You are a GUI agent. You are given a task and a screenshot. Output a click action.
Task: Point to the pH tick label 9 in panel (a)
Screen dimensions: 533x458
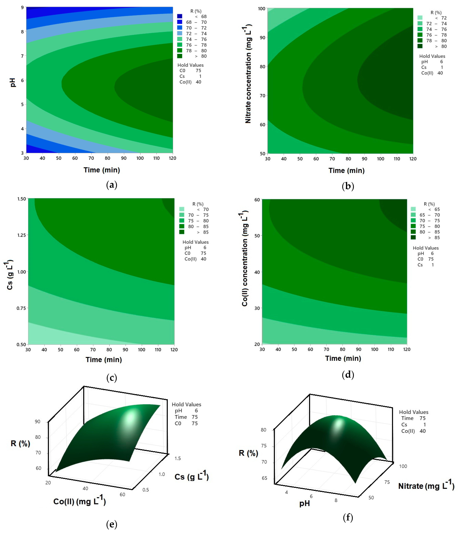coord(22,7)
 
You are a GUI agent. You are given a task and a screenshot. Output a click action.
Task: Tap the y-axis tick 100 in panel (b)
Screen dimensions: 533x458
coord(262,9)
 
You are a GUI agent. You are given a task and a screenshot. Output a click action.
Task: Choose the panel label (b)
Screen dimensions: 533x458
coord(348,186)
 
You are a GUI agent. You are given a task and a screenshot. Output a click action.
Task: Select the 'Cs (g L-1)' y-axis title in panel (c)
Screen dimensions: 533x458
coord(10,275)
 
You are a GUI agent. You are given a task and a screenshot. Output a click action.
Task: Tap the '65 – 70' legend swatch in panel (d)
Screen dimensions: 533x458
coord(413,215)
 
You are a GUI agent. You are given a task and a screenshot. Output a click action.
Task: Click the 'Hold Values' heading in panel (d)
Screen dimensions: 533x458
coord(426,248)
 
